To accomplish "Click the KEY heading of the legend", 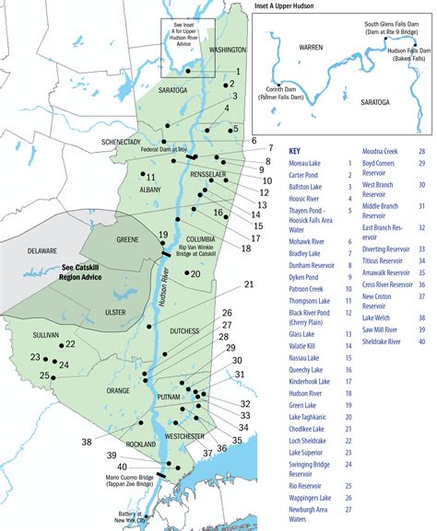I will pos(296,151).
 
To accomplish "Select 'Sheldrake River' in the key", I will pos(385,341).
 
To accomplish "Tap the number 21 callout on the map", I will pos(249,284).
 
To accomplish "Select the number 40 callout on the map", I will pos(122,467).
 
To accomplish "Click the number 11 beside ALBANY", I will pos(151,177).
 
